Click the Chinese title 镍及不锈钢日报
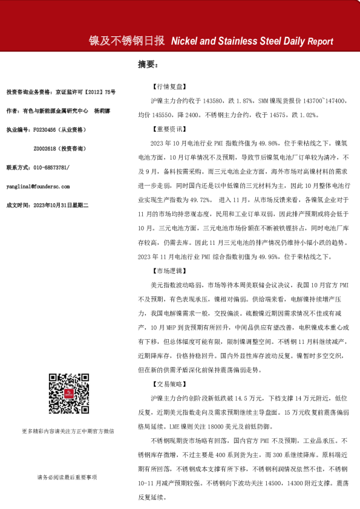(x=126, y=41)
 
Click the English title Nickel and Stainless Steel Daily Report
(x=252, y=42)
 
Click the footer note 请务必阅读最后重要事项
(x=67, y=477)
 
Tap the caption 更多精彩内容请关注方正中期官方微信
(x=67, y=431)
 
